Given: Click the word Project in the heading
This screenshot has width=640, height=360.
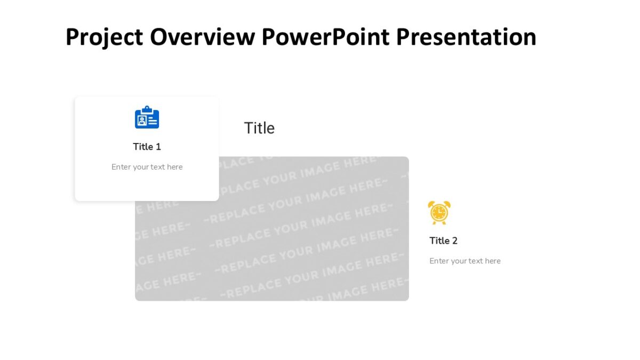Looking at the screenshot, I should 104,37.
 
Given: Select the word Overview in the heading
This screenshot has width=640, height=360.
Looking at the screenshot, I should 203,37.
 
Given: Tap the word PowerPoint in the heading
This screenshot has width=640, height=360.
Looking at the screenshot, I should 325,37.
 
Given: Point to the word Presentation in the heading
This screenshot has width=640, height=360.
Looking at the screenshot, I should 466,37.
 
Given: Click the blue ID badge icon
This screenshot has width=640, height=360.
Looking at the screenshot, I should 147,118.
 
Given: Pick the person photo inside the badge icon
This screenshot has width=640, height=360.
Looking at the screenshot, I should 141,121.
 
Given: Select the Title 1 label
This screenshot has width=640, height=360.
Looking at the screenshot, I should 147,147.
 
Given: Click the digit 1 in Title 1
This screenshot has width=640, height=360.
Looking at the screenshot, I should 158,147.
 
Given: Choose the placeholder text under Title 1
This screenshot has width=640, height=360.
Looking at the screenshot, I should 147,167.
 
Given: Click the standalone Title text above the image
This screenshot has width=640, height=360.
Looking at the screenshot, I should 259,128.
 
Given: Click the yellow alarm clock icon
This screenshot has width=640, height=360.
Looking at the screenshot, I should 439,212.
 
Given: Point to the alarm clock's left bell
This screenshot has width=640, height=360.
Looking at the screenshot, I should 431,204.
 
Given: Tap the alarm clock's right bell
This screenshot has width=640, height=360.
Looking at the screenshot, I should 447,204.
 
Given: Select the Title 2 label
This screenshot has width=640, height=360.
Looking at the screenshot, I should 443,241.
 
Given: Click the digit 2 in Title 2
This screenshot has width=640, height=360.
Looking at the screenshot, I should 454,241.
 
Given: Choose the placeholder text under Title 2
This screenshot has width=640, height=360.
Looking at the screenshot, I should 465,261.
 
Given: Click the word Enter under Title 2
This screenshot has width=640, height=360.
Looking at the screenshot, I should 439,261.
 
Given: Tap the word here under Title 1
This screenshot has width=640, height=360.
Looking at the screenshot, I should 174,167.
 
